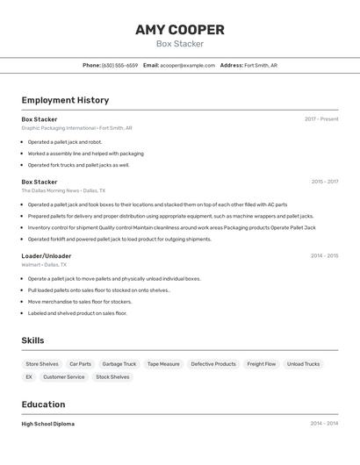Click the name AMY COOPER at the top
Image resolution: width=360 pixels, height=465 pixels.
pos(180,30)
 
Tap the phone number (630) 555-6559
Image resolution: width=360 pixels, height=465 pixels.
pos(119,65)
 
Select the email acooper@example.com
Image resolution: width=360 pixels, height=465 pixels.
pos(187,65)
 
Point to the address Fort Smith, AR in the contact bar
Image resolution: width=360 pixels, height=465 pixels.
pos(261,65)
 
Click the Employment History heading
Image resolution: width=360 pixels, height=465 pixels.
pos(65,100)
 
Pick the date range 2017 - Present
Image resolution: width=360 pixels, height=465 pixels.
pos(321,119)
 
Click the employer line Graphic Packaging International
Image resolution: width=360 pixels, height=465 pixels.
pos(77,128)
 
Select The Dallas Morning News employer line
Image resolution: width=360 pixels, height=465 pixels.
pos(63,190)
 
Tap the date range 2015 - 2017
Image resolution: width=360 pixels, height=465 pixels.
pos(324,182)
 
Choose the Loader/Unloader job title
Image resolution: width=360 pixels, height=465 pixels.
pos(47,256)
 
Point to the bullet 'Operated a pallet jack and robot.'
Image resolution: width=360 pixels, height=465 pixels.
pos(65,142)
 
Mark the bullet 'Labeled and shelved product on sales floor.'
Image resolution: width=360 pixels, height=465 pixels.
pos(77,313)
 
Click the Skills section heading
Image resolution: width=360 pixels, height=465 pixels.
pos(33,340)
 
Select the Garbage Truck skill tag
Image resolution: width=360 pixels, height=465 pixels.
pos(119,364)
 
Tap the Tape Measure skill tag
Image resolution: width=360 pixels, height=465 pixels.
pos(163,364)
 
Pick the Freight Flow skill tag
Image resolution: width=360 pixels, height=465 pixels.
pos(262,364)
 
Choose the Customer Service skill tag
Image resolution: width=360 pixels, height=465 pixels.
pos(64,377)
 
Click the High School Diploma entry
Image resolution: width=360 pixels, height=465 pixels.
pos(48,424)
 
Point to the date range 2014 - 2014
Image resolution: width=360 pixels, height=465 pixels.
pos(324,424)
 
